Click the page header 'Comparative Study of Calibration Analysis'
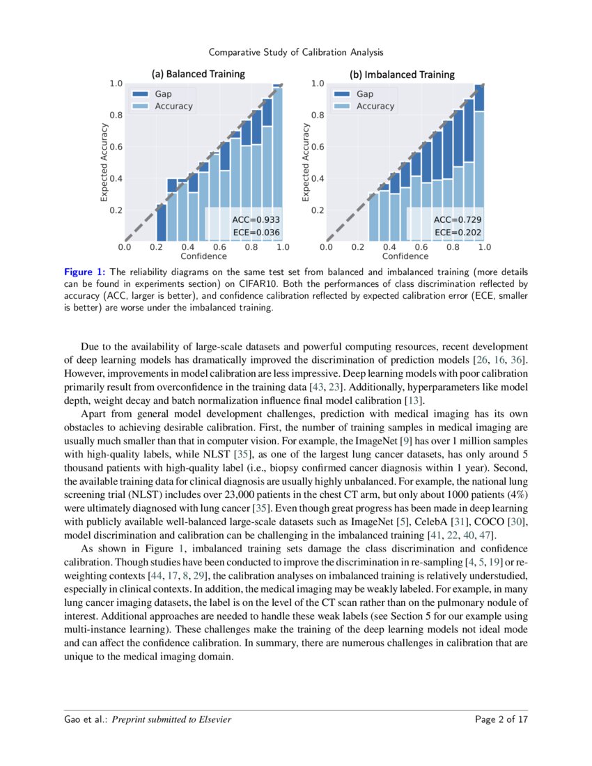pos(296,52)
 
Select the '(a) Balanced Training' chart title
pos(198,74)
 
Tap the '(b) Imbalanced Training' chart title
pos(402,74)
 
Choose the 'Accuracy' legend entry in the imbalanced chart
pos(375,107)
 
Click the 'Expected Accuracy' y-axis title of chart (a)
pos(104,162)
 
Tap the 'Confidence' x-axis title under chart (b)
pos(405,256)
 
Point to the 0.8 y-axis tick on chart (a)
pos(116,116)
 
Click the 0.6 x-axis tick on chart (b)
pos(421,247)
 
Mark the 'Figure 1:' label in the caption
pos(85,272)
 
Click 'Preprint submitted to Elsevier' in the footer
pos(172,719)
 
